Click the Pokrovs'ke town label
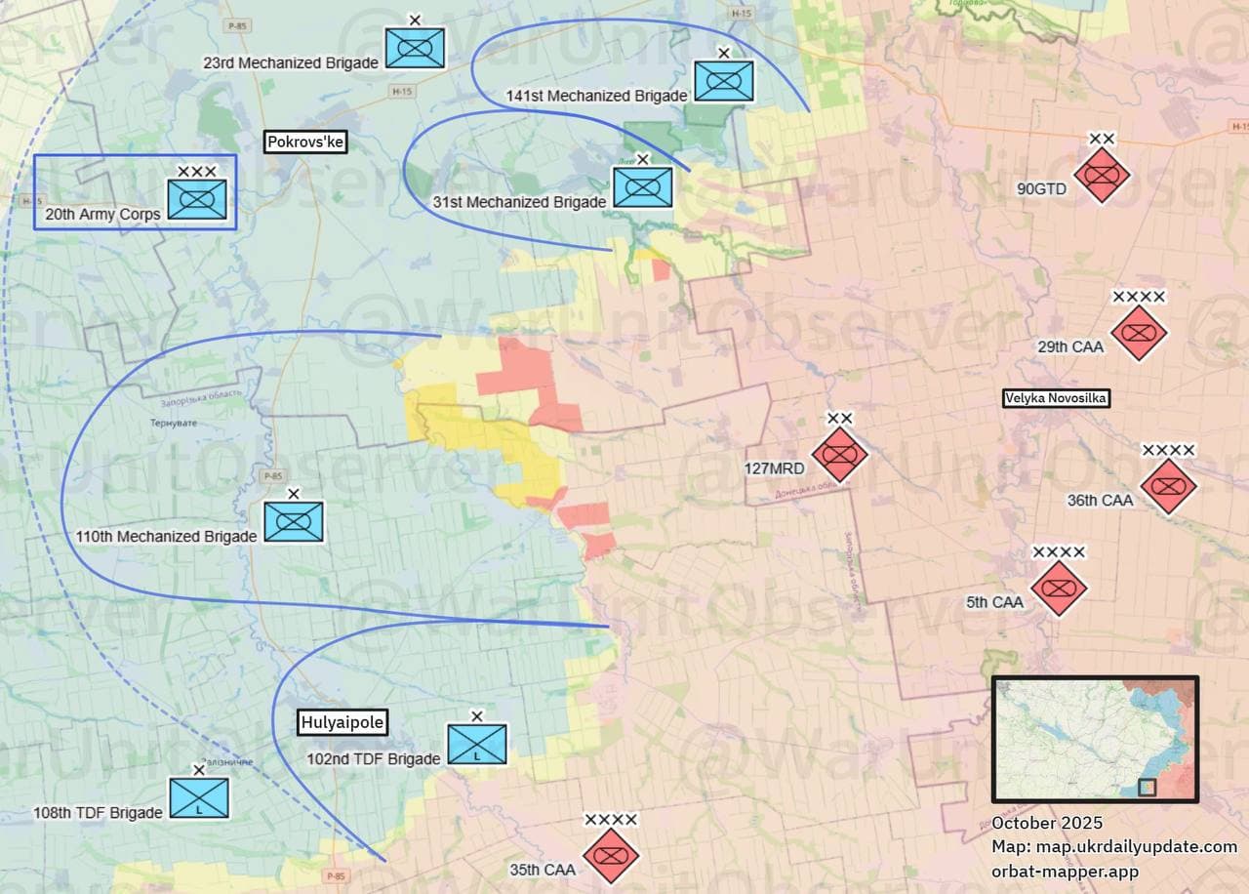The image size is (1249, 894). click(x=306, y=142)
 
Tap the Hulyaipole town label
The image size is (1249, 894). click(x=342, y=723)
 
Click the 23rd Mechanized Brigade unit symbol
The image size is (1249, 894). click(x=415, y=48)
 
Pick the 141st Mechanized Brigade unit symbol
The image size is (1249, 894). click(x=724, y=81)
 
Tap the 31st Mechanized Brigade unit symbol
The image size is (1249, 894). click(x=642, y=186)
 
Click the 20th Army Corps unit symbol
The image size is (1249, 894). click(x=197, y=198)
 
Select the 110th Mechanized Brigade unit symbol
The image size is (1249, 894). click(x=294, y=522)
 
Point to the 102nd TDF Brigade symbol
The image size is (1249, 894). click(x=477, y=745)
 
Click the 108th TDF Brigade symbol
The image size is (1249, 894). click(x=199, y=797)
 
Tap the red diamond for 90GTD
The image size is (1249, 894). click(x=1102, y=176)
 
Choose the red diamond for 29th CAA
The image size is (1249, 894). click(x=1139, y=333)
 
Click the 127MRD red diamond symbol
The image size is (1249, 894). click(x=840, y=454)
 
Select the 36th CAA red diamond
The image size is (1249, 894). click(x=1168, y=486)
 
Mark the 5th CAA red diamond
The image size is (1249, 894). click(x=1059, y=589)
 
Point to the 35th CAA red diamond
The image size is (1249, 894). click(x=611, y=856)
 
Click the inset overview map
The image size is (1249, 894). click(x=1095, y=739)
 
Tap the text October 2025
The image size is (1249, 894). click(x=1047, y=823)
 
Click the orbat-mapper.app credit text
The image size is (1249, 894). click(x=1065, y=871)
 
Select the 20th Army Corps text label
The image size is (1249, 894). click(x=102, y=214)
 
